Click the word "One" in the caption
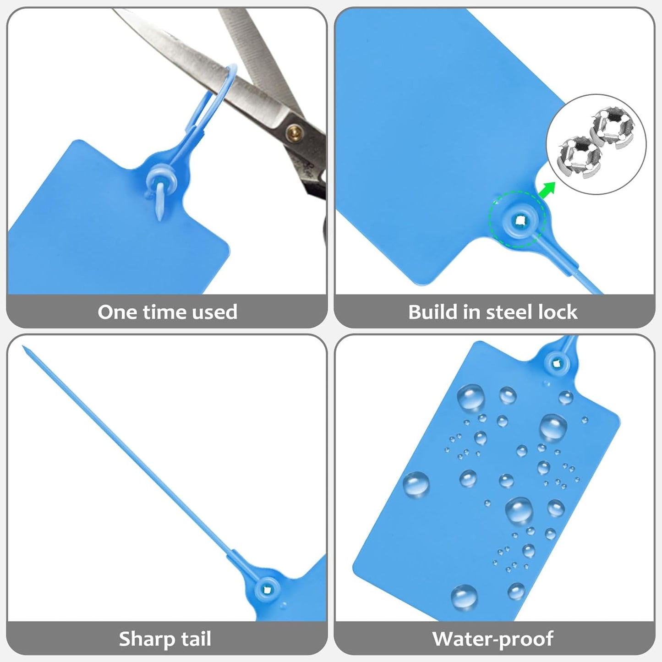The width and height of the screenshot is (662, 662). (x=117, y=312)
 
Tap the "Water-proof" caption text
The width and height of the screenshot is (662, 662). (x=493, y=639)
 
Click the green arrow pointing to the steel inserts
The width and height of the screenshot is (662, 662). (x=546, y=189)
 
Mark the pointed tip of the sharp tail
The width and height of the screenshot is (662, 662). (x=24, y=347)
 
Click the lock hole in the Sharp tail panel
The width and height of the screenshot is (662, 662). (x=267, y=587)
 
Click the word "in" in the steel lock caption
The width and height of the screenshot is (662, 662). (x=472, y=312)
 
